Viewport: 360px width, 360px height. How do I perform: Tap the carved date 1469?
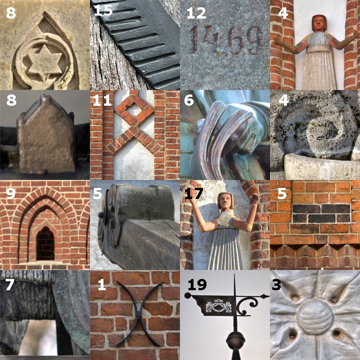tap(227, 40)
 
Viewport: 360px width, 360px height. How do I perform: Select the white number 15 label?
tap(103, 11)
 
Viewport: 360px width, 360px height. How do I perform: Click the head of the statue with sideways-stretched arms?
tap(319, 23)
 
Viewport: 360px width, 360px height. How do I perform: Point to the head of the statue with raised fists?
tap(226, 201)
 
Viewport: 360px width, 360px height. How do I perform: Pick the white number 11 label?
tap(102, 101)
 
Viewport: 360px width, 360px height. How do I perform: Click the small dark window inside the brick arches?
tap(46, 244)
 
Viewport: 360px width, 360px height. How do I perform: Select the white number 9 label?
tap(11, 193)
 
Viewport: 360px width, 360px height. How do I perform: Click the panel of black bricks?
tap(321, 213)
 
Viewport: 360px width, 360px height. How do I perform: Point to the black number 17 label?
tap(193, 193)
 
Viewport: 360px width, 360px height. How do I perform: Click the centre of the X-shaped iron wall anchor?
tap(139, 314)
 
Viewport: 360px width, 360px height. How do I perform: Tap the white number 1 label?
tap(102, 285)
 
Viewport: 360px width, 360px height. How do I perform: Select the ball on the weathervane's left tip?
tap(188, 295)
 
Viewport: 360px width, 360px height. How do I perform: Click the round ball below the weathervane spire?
tap(235, 340)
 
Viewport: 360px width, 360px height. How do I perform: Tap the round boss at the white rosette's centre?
tap(315, 315)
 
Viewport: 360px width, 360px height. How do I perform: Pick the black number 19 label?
tap(197, 285)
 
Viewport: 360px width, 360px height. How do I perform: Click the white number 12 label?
tap(196, 13)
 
